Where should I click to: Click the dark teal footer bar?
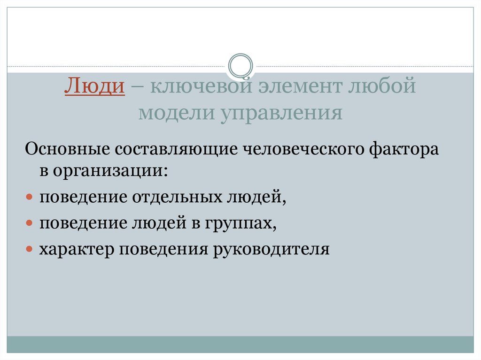240,345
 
